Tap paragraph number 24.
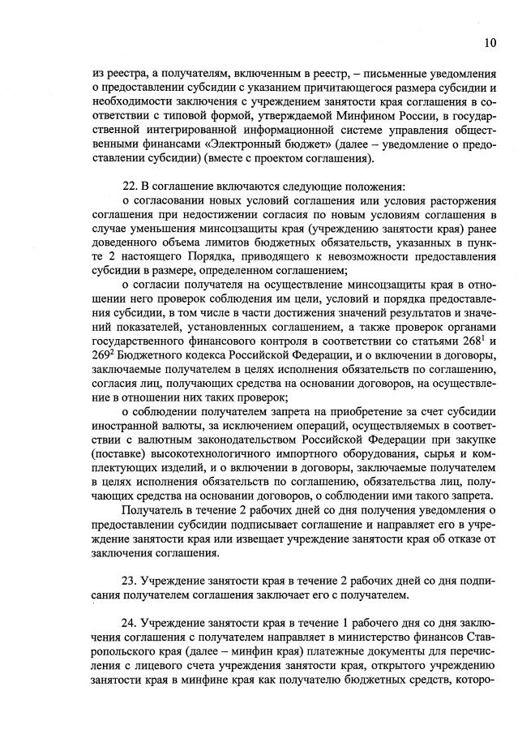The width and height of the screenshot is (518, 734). pos(129,623)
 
